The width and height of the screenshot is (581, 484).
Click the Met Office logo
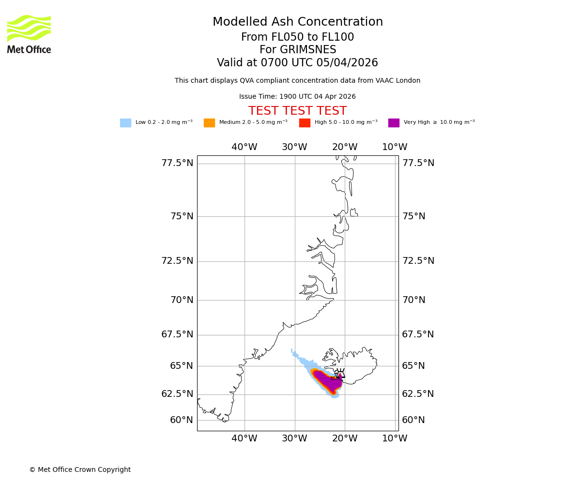click(x=29, y=34)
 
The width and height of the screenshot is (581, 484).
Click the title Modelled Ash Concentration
click(x=297, y=22)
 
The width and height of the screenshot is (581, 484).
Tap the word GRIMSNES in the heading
click(x=297, y=50)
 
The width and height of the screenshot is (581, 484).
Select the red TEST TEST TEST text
click(x=297, y=111)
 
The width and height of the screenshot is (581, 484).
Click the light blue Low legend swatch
click(x=125, y=123)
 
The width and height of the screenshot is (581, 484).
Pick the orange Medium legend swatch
click(x=209, y=123)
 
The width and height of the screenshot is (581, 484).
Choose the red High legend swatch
click(x=305, y=123)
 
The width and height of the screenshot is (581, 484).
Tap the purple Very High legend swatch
click(x=394, y=123)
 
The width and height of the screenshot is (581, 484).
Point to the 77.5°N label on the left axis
click(x=177, y=163)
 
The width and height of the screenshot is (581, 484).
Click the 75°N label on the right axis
click(x=413, y=216)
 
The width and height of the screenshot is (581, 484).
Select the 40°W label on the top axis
click(x=244, y=147)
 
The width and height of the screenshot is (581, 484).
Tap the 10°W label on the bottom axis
click(x=395, y=439)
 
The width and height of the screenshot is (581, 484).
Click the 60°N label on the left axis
click(x=182, y=420)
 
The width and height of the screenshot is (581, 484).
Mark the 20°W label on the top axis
click(x=345, y=147)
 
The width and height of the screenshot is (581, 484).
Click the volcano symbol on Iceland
click(x=340, y=373)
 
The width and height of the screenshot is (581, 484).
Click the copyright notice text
click(x=80, y=469)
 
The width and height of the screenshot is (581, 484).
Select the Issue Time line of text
click(x=297, y=97)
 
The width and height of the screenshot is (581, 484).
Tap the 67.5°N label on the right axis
click(x=418, y=334)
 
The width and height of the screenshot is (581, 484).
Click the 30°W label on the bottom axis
click(x=294, y=439)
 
